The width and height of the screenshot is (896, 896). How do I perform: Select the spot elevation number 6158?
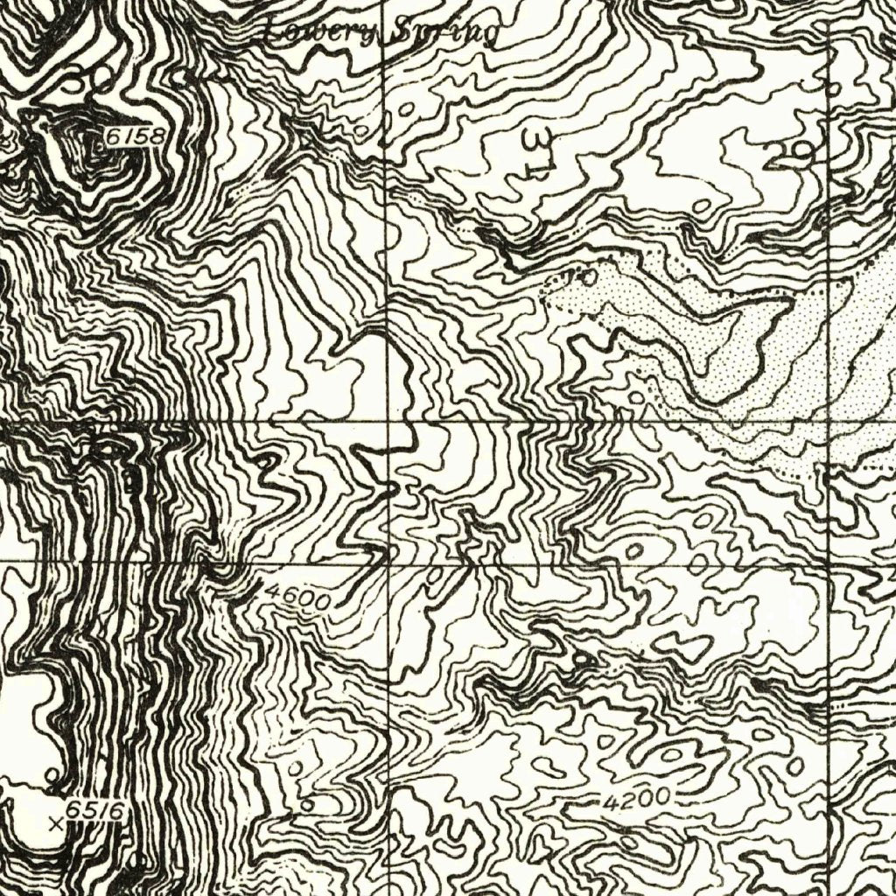pyautogui.click(x=136, y=137)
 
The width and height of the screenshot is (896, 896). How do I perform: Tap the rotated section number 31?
pyautogui.click(x=535, y=153)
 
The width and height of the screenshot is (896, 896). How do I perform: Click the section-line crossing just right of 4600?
pyautogui.click(x=388, y=564)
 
